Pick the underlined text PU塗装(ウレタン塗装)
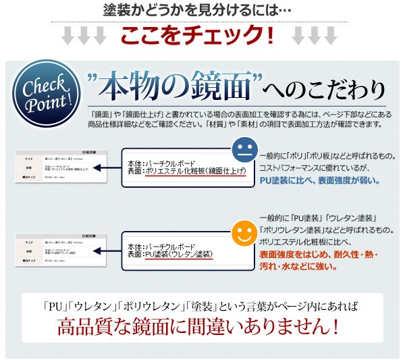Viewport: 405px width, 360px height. [179, 254]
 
